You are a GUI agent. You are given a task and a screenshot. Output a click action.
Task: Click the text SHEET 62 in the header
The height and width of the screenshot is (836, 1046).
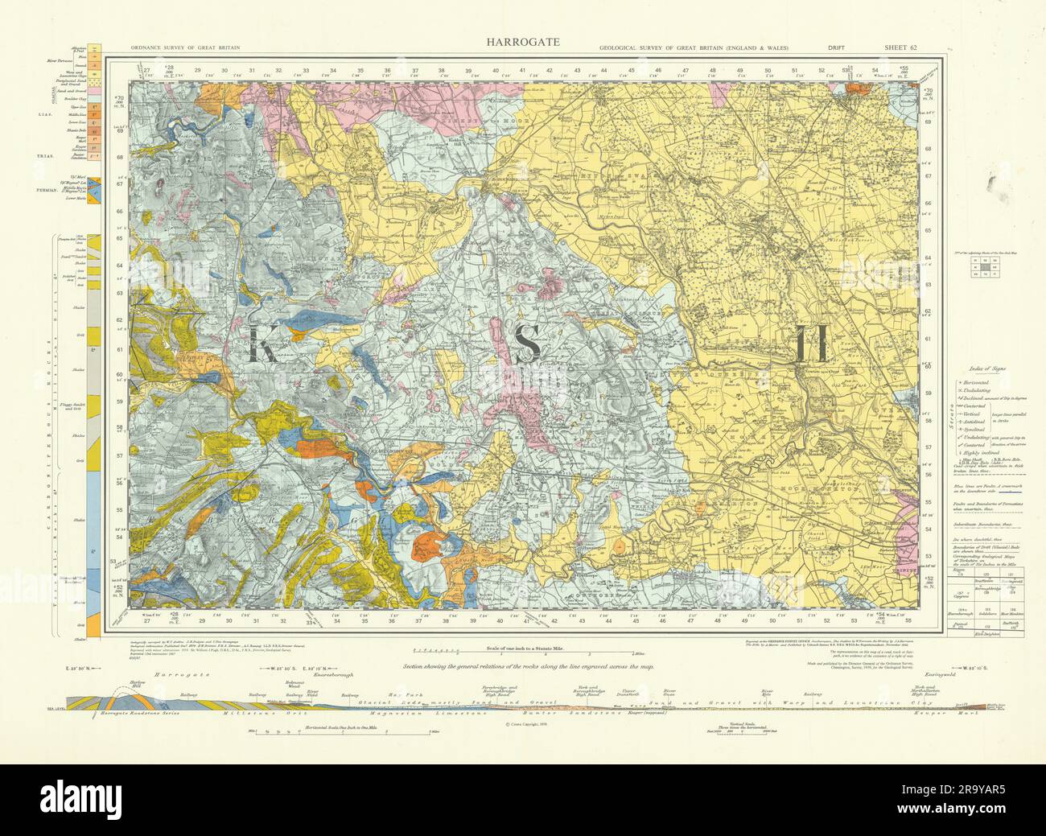click(900, 48)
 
